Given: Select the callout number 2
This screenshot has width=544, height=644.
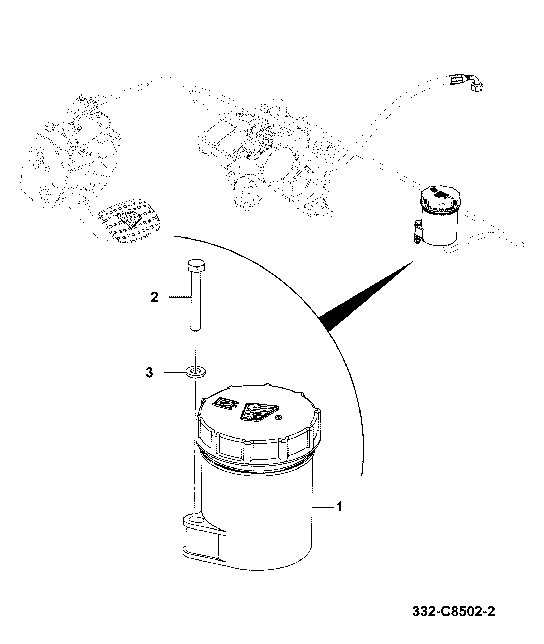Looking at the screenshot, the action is pyautogui.click(x=155, y=297).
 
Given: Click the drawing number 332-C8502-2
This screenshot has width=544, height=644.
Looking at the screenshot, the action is pyautogui.click(x=453, y=621).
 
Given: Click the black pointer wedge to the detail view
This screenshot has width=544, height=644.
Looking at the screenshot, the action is pyautogui.click(x=367, y=295).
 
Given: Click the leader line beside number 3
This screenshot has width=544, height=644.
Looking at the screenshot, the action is pyautogui.click(x=175, y=372).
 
